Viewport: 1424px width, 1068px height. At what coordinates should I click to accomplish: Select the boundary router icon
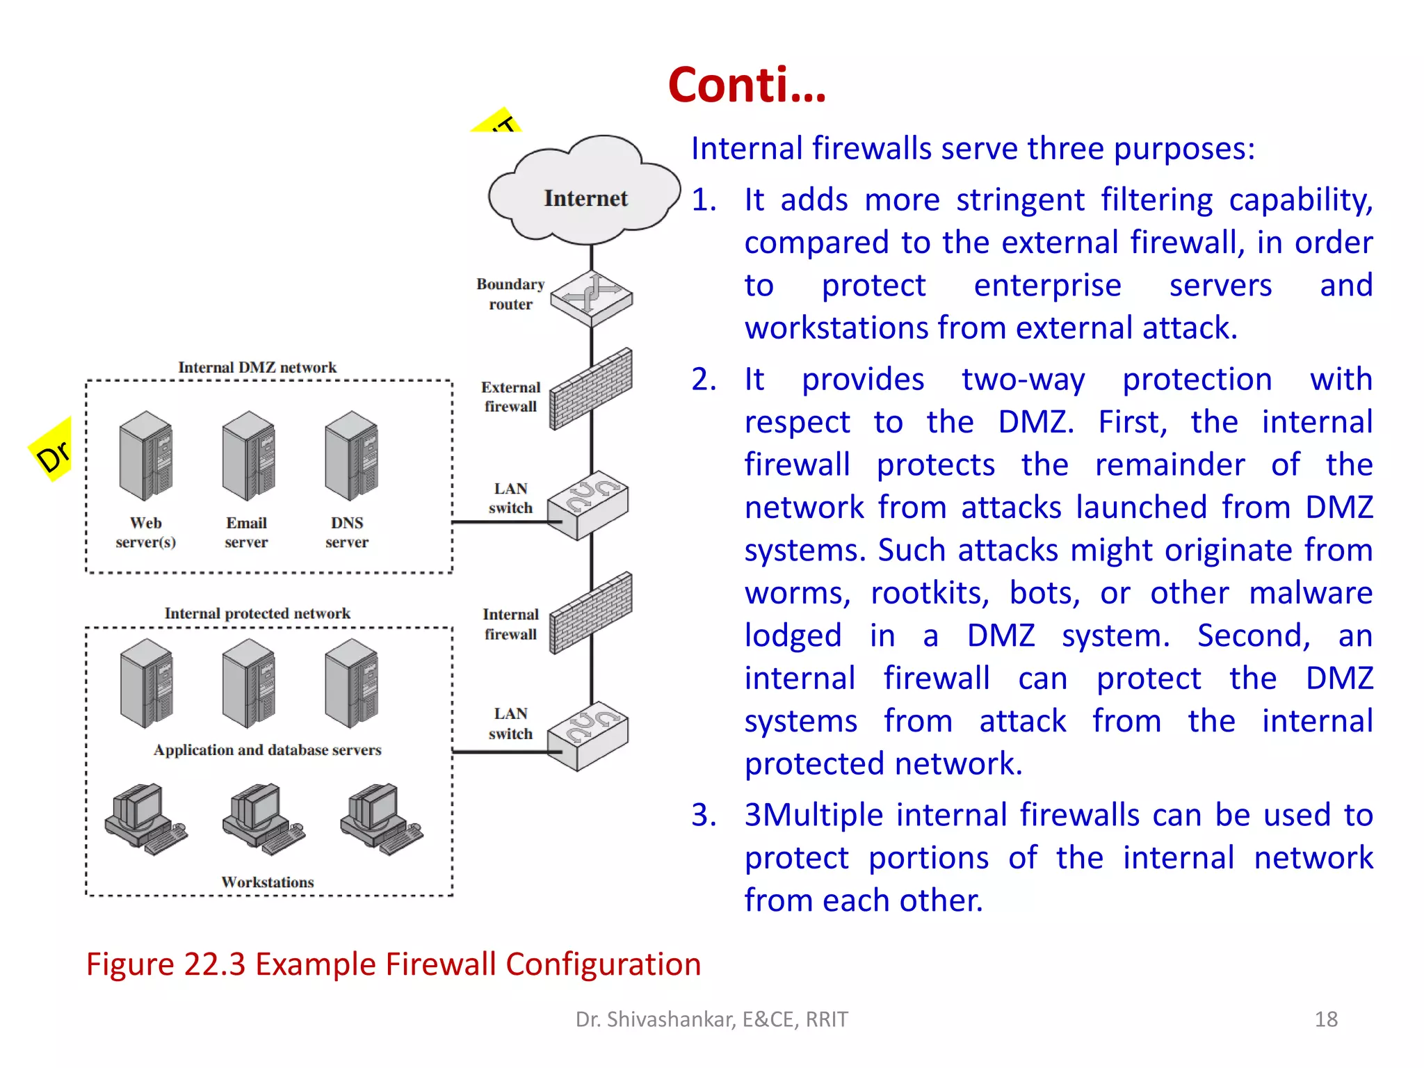click(592, 298)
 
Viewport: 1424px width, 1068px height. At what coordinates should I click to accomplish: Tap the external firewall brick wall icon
click(591, 390)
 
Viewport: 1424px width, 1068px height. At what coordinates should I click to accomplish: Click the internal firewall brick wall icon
click(591, 614)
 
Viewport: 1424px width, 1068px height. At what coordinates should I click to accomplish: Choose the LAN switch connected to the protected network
click(588, 736)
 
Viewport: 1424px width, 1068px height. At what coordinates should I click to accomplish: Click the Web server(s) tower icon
click(146, 456)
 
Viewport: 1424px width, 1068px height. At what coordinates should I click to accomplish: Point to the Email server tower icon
click(248, 456)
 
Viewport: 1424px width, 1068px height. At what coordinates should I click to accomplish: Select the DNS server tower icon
click(351, 456)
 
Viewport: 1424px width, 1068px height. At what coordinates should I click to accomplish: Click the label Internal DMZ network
click(257, 367)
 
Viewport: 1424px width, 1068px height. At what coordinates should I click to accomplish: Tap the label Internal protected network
click(257, 613)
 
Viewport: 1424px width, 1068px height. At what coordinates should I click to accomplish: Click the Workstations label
click(268, 882)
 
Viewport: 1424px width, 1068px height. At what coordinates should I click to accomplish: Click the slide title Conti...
click(747, 86)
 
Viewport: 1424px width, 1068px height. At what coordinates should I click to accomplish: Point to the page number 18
click(1326, 1019)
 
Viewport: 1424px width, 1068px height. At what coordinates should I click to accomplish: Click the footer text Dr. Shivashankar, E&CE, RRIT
click(711, 1019)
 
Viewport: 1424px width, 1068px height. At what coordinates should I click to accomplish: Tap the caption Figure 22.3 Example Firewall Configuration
click(394, 964)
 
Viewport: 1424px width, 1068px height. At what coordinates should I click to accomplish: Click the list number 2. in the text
click(704, 380)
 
